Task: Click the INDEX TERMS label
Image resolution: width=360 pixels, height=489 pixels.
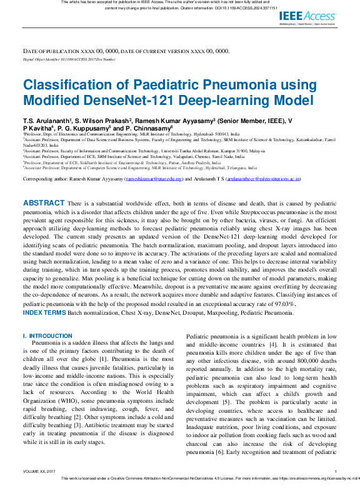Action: (44, 312)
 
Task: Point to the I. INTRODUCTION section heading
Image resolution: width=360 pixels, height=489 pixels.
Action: (47, 336)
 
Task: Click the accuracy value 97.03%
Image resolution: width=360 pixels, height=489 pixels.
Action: (284, 304)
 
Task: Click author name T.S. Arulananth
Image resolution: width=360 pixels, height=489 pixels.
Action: (47, 120)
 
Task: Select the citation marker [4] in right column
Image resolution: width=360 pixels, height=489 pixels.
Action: (273, 344)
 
